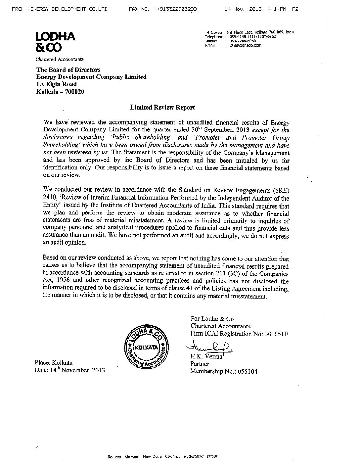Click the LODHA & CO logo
56,42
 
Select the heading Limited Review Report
162,107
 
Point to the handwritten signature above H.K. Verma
209,347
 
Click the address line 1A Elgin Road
56,84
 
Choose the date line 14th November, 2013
70,370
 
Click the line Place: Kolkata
54,362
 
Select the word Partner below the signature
200,364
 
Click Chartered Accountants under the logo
60,59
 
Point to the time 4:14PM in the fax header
278,9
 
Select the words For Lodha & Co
212,319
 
